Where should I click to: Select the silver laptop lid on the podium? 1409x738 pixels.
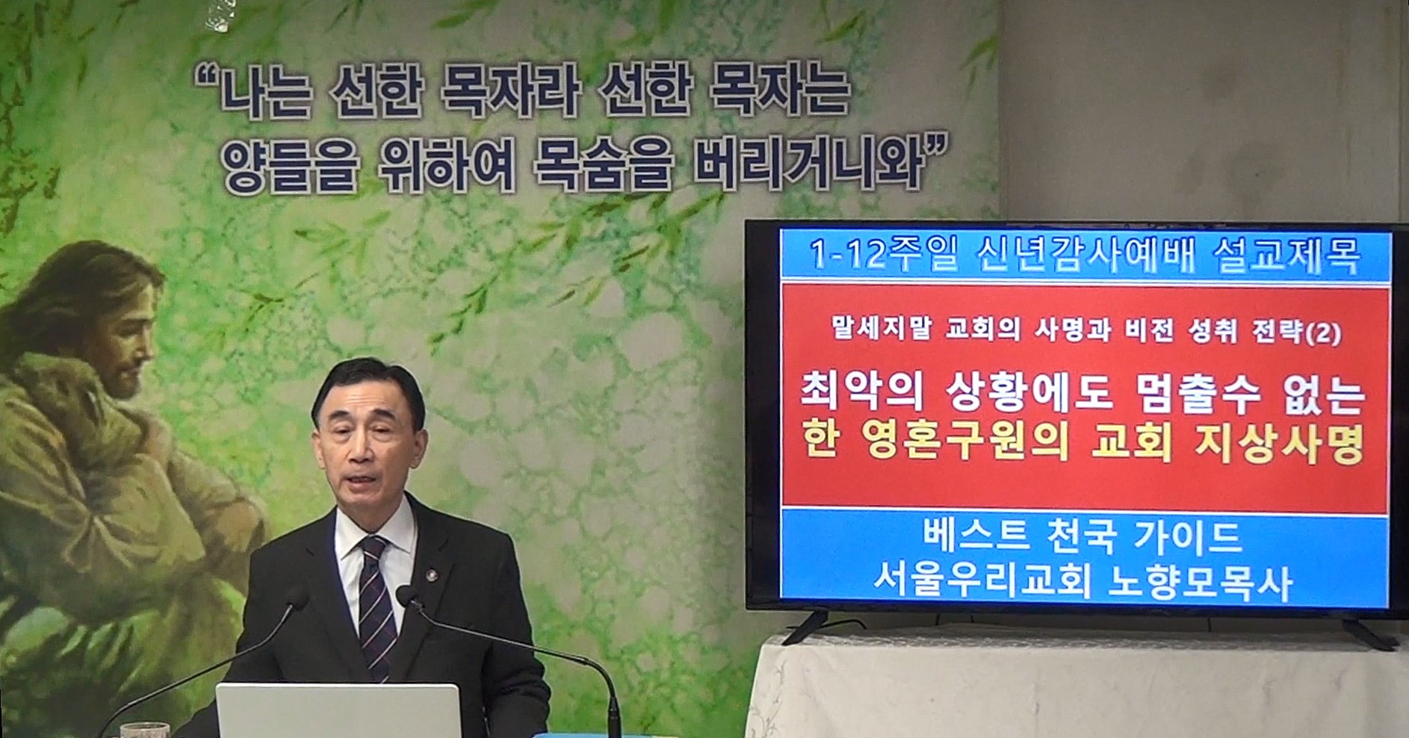tap(338, 710)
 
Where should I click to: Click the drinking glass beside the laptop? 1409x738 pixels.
tap(144, 730)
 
